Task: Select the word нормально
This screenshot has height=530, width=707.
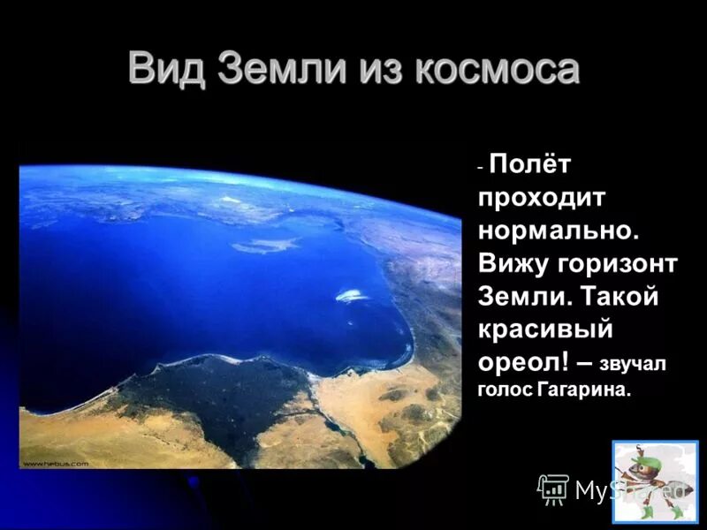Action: [558, 231]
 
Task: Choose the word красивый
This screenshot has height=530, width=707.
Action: [546, 330]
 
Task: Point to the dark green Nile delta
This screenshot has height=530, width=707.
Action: [221, 389]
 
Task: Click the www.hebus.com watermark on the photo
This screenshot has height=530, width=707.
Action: [55, 463]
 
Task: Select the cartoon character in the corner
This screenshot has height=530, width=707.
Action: [655, 482]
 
